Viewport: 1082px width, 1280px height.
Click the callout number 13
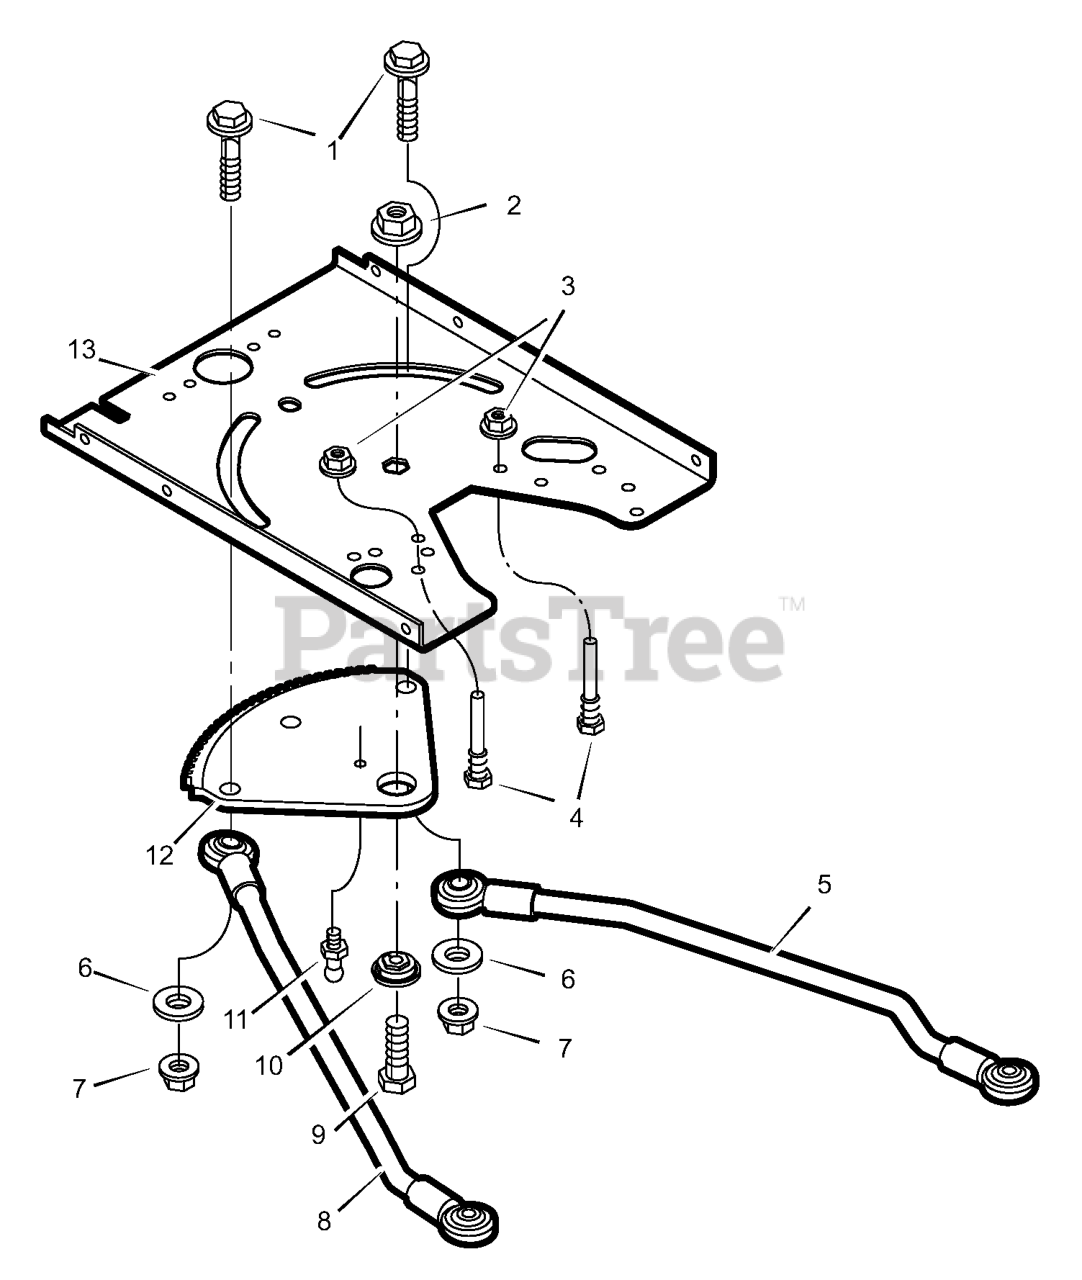pyautogui.click(x=81, y=350)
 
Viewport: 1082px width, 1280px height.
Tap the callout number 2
pyautogui.click(x=513, y=205)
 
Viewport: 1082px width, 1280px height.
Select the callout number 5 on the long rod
pyautogui.click(x=823, y=884)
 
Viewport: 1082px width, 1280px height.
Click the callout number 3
pyautogui.click(x=568, y=287)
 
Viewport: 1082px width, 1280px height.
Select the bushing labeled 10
pyautogui.click(x=397, y=967)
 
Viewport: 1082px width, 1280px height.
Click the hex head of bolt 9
pyautogui.click(x=397, y=1081)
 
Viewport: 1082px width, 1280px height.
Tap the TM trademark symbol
pyautogui.click(x=791, y=605)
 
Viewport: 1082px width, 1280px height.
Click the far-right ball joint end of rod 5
pyautogui.click(x=1007, y=1080)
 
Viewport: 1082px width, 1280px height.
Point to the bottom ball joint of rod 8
pyautogui.click(x=466, y=1219)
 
